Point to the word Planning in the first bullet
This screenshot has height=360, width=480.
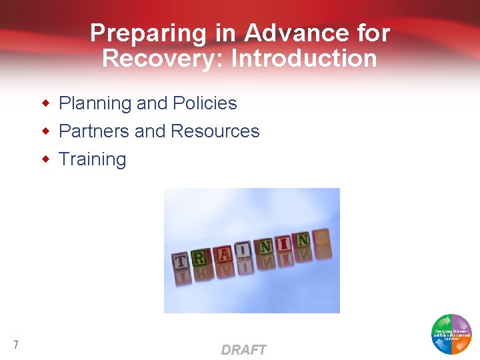(95, 103)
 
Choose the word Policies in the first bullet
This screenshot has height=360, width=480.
(205, 103)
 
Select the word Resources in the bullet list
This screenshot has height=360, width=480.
(215, 131)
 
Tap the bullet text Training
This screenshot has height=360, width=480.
(92, 159)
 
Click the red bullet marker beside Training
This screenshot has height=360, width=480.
(46, 159)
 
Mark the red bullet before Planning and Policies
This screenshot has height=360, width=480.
(46, 103)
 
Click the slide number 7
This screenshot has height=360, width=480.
(15, 345)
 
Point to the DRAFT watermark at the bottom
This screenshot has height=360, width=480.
(243, 350)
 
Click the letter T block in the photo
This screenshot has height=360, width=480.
(180, 261)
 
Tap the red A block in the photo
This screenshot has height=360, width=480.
(224, 253)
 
